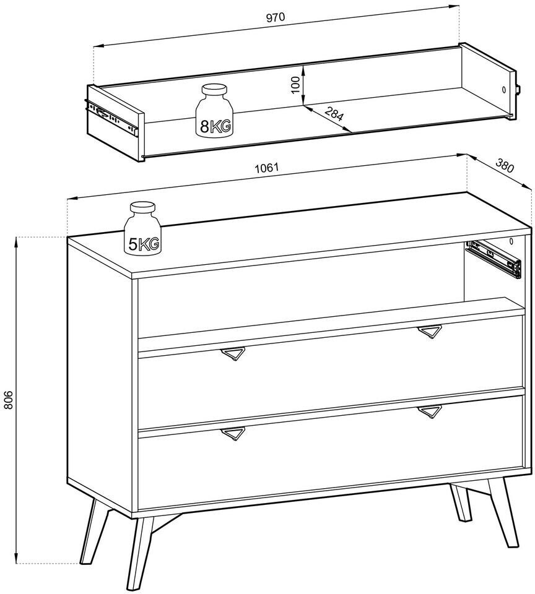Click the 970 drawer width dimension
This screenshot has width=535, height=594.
276,17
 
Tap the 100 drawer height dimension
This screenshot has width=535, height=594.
297,85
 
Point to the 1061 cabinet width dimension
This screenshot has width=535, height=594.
266,168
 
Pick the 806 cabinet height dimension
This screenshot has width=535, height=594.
8,400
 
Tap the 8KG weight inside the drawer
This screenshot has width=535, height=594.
215,110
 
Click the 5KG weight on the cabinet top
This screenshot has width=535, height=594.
142,229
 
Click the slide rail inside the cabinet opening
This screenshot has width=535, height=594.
494,259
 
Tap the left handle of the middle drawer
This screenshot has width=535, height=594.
233,353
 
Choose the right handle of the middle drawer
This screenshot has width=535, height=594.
430,332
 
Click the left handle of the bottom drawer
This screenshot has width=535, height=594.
233,434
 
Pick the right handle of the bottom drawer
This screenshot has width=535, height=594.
430,412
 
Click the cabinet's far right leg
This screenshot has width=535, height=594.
503,512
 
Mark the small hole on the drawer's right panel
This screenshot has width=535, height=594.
504,90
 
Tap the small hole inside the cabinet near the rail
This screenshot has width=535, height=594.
511,241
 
